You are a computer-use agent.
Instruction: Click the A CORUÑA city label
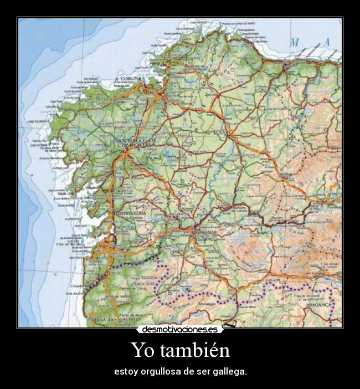coord(128,79)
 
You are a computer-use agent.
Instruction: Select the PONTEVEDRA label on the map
coord(129,213)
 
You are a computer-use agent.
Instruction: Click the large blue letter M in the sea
coord(295,42)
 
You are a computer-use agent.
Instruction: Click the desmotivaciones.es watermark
coord(180,329)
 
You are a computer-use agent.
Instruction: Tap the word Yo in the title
coord(142,350)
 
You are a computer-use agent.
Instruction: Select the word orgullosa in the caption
coord(160,371)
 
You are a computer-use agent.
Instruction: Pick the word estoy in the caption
coord(124,371)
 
